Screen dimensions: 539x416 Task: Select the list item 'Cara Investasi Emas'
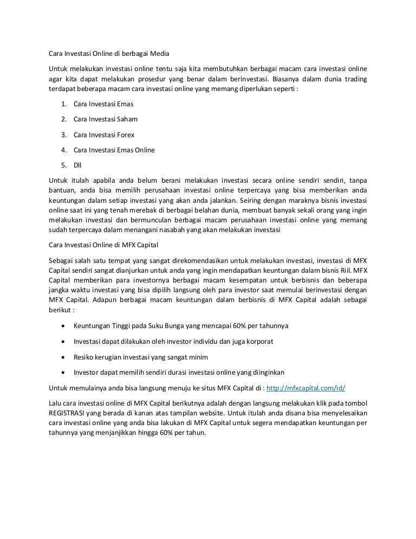coord(103,103)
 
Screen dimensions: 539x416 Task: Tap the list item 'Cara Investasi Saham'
coord(105,119)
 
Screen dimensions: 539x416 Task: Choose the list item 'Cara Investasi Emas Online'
coord(114,150)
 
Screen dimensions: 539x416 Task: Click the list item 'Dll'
coord(78,165)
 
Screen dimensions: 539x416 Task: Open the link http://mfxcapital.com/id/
coord(307,388)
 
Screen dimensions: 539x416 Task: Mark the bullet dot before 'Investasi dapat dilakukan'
coord(64,342)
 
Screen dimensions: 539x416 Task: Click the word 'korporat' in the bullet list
coord(261,342)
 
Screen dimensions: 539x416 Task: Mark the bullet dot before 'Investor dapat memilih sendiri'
coord(64,373)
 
